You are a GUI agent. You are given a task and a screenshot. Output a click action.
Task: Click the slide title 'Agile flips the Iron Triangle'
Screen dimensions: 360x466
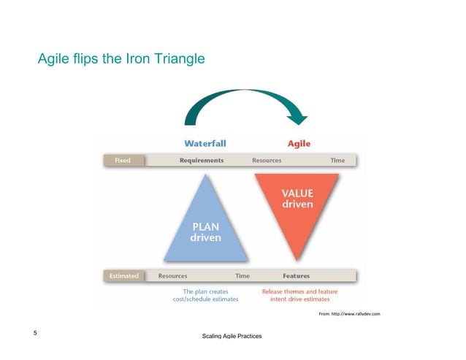[x=121, y=58]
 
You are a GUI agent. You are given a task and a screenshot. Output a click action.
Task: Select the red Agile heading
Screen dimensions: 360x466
[x=299, y=143]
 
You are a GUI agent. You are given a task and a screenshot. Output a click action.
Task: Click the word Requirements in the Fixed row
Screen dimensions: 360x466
[x=202, y=160]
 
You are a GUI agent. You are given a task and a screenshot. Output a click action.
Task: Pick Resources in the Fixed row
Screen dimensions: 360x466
[x=267, y=160]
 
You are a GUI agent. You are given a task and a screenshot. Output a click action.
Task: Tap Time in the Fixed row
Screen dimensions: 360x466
[x=337, y=160]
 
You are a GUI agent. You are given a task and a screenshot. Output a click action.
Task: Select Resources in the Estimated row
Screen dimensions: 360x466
[x=172, y=276]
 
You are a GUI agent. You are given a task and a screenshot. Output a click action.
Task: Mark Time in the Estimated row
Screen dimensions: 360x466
[x=242, y=276]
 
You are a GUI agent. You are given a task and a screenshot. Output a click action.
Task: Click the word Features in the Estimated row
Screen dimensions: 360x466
[x=297, y=276]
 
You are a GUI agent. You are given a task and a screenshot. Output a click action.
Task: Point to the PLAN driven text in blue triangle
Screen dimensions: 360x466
[x=205, y=233]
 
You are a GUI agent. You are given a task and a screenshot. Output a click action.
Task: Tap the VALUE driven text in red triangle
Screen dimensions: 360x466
[x=297, y=199]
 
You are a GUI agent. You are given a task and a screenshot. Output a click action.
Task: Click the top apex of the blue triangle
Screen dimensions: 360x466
[x=205, y=175]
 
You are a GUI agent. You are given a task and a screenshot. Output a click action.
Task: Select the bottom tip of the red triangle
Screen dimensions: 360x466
[x=297, y=259]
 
